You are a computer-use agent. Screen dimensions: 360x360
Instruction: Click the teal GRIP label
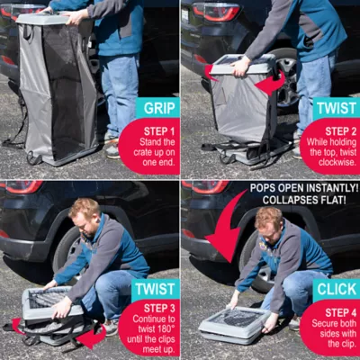click(x=157, y=108)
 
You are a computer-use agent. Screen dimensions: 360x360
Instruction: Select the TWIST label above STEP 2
click(x=335, y=107)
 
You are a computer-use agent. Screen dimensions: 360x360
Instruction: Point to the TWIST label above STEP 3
click(x=155, y=290)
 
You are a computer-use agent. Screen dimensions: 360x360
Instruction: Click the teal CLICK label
click(x=336, y=290)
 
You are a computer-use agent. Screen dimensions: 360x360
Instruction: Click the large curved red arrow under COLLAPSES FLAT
click(x=225, y=229)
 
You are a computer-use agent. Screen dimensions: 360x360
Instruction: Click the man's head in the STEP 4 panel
click(x=268, y=220)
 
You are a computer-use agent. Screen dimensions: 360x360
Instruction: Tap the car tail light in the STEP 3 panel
click(x=22, y=186)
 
